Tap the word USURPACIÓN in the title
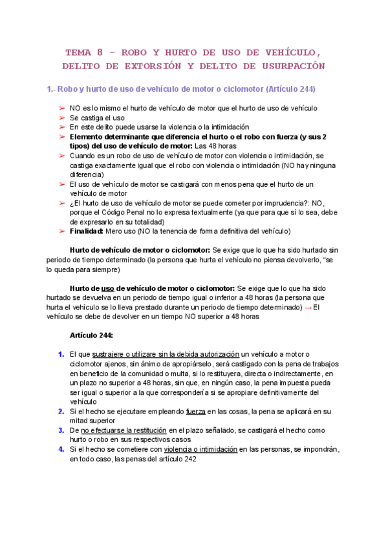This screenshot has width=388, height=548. [x=290, y=67]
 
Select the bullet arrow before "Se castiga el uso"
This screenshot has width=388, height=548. [x=62, y=118]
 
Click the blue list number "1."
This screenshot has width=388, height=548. [x=61, y=354]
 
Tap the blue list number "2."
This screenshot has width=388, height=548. [x=61, y=411]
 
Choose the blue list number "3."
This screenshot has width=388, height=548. [x=61, y=430]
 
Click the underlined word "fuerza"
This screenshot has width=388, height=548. [x=195, y=411]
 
